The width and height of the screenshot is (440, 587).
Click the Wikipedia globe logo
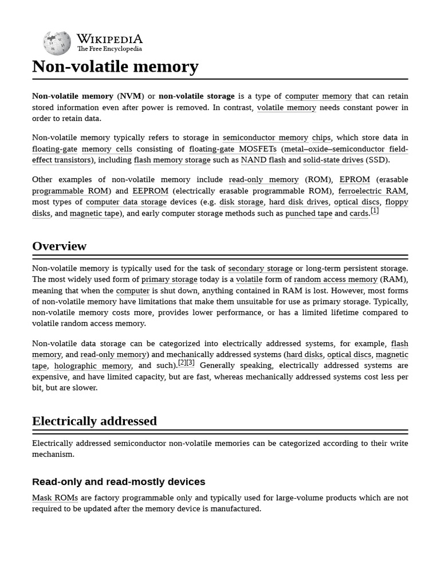click(x=57, y=44)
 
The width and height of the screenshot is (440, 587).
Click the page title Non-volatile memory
click(x=115, y=66)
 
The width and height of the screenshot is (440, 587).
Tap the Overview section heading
click(x=59, y=246)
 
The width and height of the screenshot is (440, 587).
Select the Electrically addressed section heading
click(x=94, y=421)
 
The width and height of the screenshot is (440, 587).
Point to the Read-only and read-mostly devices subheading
click(x=118, y=482)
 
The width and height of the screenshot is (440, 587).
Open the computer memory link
click(x=318, y=96)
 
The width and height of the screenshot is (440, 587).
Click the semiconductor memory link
click(x=265, y=138)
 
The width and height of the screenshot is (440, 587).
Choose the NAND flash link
click(x=263, y=160)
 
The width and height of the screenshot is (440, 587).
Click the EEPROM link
click(x=150, y=191)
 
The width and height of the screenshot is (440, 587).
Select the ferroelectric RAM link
click(x=372, y=191)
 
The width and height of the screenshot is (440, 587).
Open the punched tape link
click(x=308, y=213)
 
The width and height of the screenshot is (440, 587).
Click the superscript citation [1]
click(x=375, y=210)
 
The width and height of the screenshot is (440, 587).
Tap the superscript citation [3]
click(x=190, y=362)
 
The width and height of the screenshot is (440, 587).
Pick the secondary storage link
click(x=260, y=268)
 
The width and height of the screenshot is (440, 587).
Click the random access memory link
click(x=335, y=279)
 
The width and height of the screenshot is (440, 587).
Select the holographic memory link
click(x=92, y=366)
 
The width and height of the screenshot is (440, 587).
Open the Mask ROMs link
click(x=55, y=498)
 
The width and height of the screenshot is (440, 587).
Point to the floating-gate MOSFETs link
click(x=233, y=149)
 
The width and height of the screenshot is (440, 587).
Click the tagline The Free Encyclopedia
click(x=109, y=49)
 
